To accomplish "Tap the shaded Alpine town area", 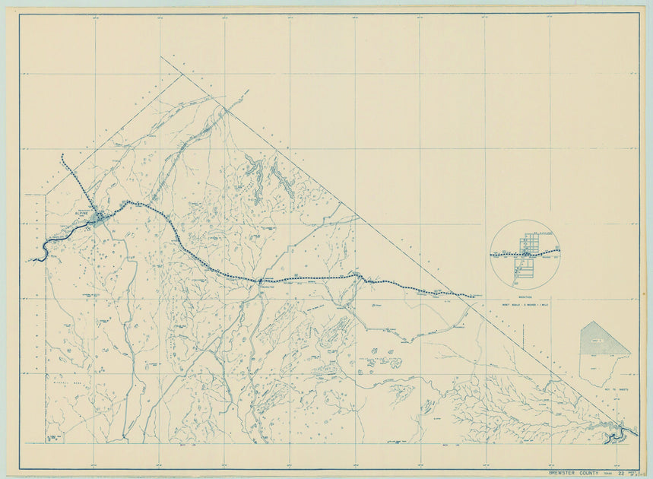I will click(100, 219).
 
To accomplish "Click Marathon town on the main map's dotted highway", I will click(260, 281).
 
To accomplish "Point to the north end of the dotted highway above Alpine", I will click(62, 156).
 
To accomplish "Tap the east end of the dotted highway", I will click(474, 296).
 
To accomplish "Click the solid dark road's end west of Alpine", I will click(33, 260).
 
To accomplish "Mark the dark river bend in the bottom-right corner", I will click(620, 434).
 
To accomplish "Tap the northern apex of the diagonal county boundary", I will click(161, 57).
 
